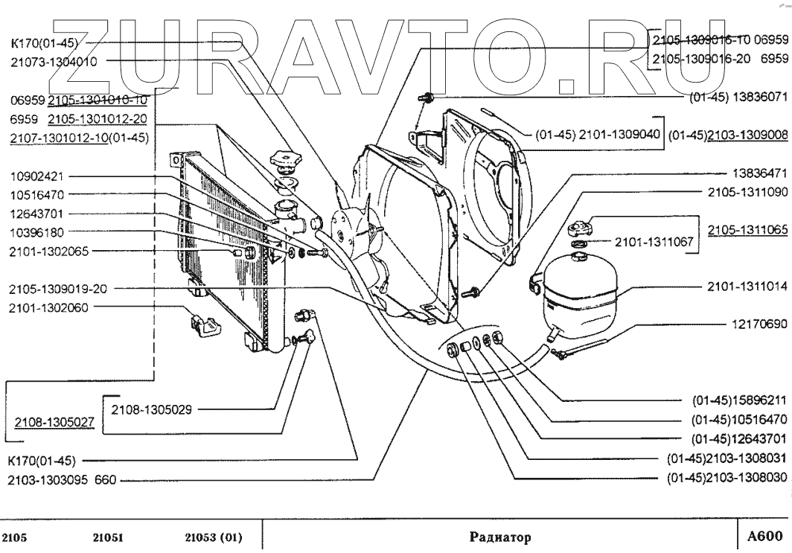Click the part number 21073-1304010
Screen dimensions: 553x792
[x=54, y=62]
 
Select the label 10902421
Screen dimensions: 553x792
[x=37, y=178]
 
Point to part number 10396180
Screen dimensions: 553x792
[x=37, y=232]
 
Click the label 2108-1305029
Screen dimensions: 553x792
[x=152, y=409]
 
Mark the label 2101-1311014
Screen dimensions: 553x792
[x=747, y=286]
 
